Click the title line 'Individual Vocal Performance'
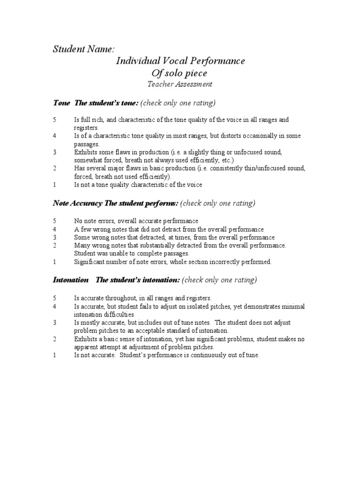pos(180,61)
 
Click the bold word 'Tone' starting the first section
pos(62,103)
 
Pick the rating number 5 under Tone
pos(55,120)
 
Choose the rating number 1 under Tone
pos(55,185)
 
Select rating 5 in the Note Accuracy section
pos(55,221)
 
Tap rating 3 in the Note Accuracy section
pos(55,237)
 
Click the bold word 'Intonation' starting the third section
pos(70,280)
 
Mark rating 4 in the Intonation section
pos(55,306)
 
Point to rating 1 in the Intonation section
pos(55,355)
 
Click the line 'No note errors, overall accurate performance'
pos(136,221)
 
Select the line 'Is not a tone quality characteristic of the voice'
pos(138,185)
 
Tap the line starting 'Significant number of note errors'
pos(172,262)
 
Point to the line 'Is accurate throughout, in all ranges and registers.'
pos(142,298)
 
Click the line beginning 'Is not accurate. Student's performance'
pos(166,355)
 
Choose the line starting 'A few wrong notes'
pos(169,229)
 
